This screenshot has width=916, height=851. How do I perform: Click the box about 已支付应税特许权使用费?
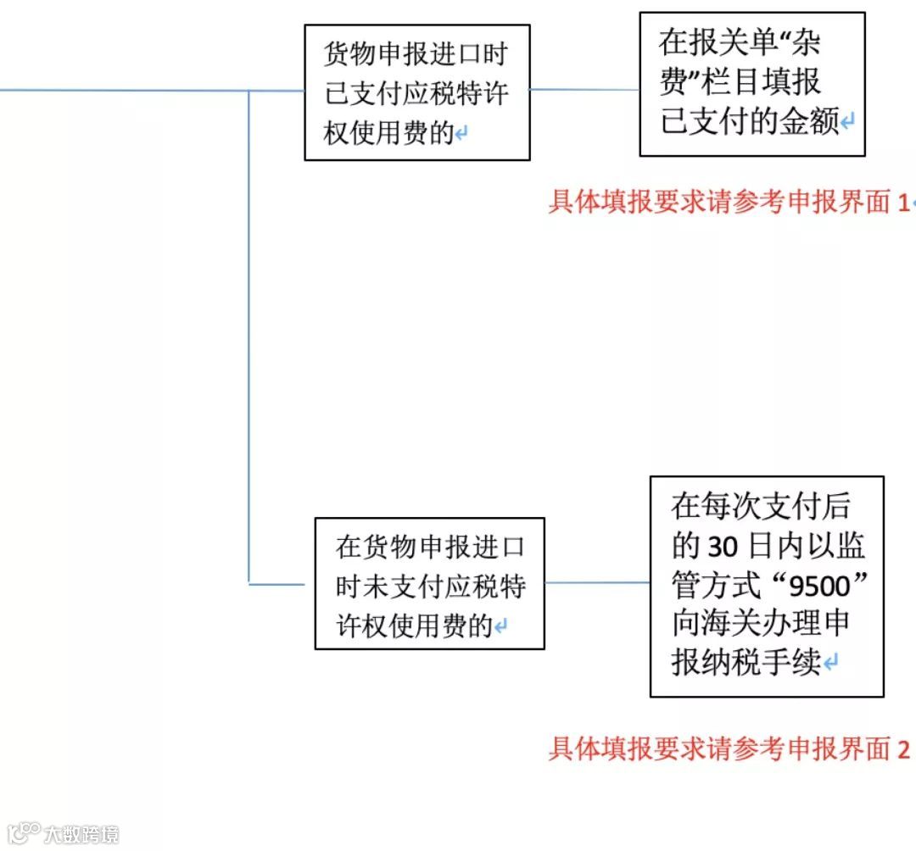416,92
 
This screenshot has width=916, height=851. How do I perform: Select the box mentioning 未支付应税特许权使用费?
429,584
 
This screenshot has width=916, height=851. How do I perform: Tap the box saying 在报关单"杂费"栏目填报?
751,84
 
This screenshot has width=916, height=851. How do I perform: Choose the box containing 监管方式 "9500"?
767,587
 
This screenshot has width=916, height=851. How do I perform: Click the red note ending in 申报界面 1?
729,202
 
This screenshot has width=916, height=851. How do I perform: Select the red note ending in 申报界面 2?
729,749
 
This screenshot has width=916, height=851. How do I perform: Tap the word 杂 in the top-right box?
803,42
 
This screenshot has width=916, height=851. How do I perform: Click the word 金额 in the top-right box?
808,123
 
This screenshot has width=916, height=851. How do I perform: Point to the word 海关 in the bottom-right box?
738,624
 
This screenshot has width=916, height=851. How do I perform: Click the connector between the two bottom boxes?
597,583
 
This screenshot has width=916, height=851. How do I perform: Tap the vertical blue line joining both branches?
249,339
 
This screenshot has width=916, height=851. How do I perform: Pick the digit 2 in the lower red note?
903,749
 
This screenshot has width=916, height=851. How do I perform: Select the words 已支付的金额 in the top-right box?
750,123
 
